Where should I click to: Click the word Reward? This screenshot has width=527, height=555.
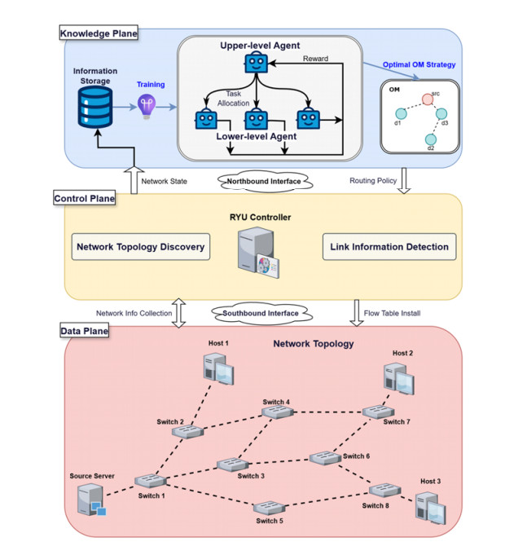click(315, 59)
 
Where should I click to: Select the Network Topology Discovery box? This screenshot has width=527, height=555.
click(140, 247)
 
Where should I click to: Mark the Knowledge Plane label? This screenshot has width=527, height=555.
click(99, 33)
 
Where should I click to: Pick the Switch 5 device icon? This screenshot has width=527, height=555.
click(268, 508)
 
